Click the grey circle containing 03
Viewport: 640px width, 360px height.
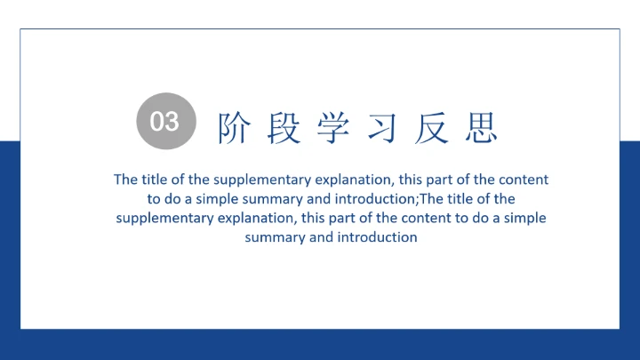tap(165, 121)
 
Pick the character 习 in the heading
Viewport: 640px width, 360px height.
tap(382, 129)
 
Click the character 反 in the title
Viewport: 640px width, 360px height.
tap(431, 129)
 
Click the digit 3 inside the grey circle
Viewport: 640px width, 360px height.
tap(172, 121)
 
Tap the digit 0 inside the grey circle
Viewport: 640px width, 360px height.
tap(158, 121)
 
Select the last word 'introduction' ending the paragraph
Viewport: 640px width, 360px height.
tap(377, 237)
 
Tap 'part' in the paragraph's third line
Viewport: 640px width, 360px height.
tap(344, 218)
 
